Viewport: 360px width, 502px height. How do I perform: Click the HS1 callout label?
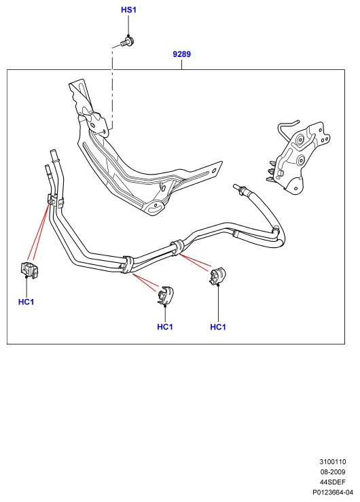click(x=128, y=10)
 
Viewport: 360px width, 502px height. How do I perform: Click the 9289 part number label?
click(x=182, y=54)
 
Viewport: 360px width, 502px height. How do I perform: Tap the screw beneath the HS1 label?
click(x=128, y=41)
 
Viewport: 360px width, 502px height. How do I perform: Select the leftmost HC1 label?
click(x=26, y=302)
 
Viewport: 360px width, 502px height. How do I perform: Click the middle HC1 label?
click(x=165, y=327)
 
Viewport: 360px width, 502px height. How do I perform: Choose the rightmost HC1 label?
click(x=218, y=327)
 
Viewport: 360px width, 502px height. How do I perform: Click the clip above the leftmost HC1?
click(x=29, y=270)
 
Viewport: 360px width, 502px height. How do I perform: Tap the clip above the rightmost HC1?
click(x=217, y=275)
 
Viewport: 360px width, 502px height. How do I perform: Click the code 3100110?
click(x=332, y=462)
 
